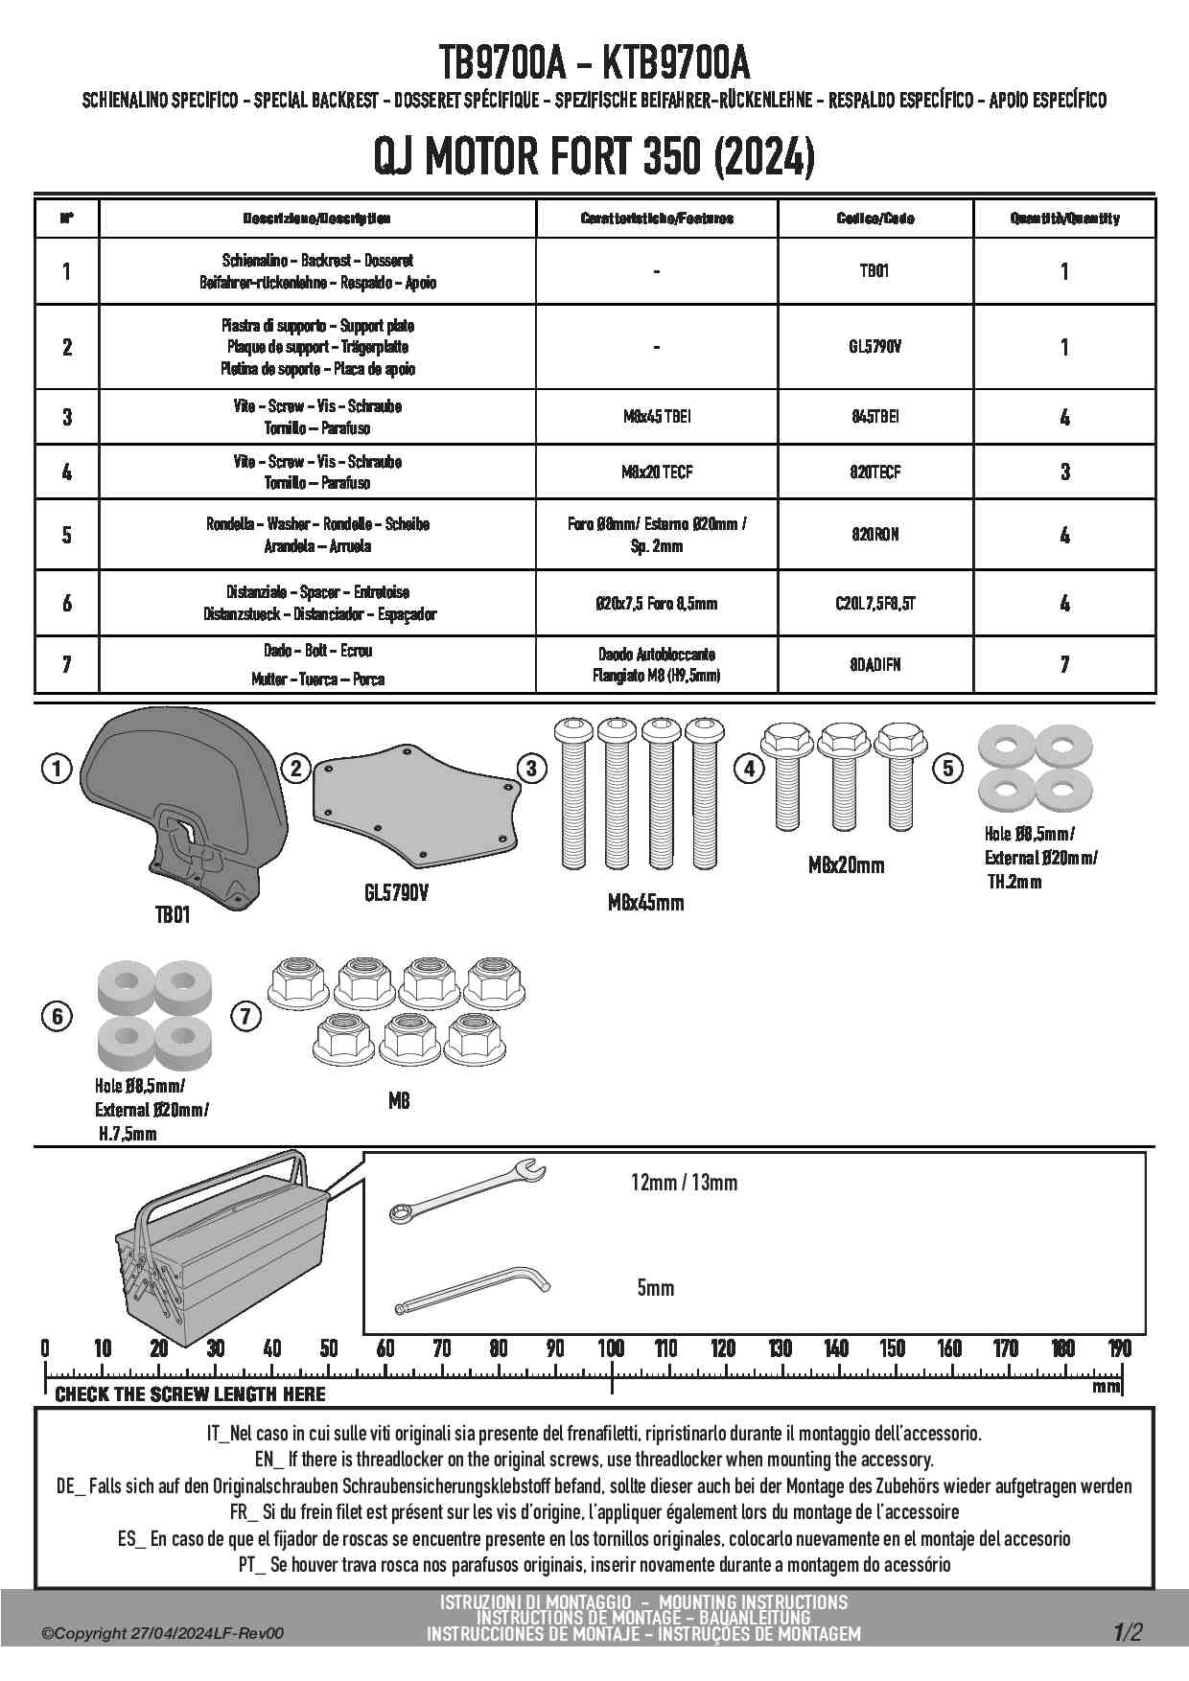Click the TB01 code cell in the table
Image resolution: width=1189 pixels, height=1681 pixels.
[x=874, y=271]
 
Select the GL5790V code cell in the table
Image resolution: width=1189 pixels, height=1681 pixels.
[x=874, y=347]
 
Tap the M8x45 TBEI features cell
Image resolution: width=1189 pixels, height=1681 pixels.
[x=657, y=417]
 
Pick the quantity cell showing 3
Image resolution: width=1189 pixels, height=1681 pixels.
[x=1064, y=472]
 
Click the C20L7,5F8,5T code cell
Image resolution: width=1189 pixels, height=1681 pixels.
[x=874, y=604]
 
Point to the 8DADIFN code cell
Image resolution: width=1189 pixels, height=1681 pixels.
[x=874, y=664]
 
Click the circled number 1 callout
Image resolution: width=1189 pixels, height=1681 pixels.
[x=57, y=768]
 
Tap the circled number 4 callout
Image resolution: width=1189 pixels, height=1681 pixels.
[x=749, y=768]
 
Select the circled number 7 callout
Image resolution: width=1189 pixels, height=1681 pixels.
[x=246, y=1016]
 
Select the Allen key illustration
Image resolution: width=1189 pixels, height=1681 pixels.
[x=471, y=1291]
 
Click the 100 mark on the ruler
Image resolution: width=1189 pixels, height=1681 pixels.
[x=612, y=1349]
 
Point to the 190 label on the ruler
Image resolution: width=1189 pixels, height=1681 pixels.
[x=1119, y=1349]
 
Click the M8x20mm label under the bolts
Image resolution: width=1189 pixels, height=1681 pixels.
[x=846, y=865]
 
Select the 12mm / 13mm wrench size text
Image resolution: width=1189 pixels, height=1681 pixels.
[x=684, y=1183]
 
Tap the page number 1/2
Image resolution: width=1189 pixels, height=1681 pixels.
[x=1128, y=1632]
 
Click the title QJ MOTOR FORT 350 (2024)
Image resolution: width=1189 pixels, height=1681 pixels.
[x=594, y=156]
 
